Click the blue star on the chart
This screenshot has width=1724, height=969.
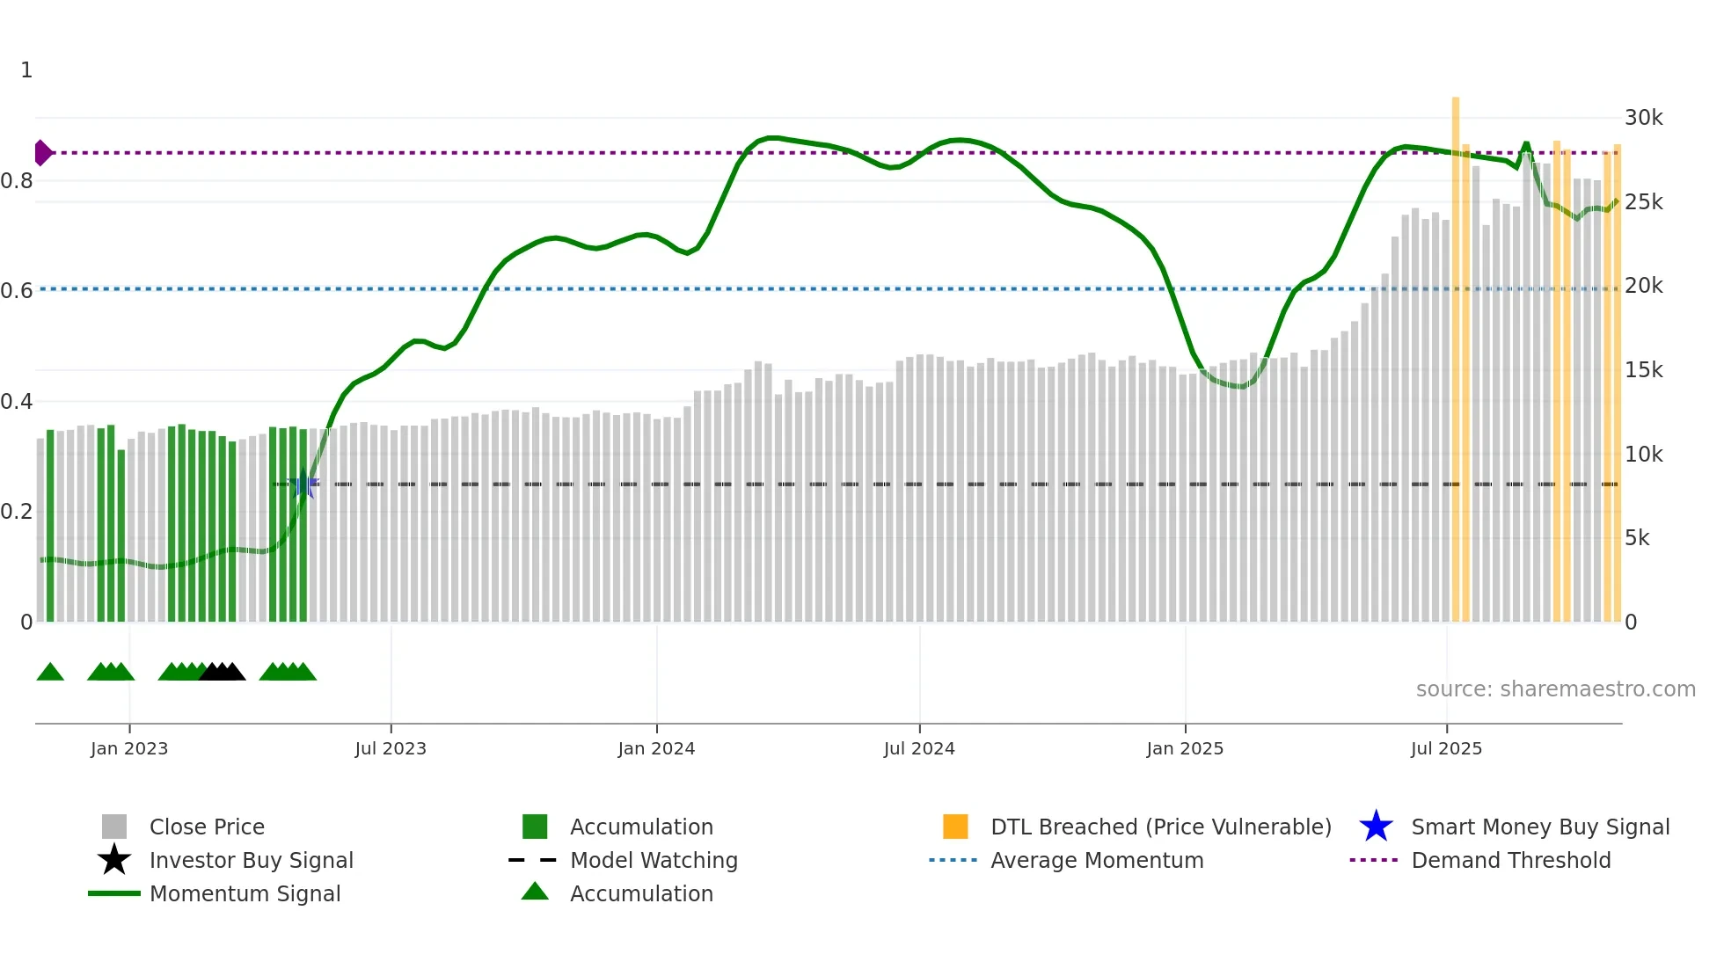(303, 484)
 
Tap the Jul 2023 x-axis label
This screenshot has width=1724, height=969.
(391, 748)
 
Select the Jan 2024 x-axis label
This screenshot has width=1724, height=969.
(656, 748)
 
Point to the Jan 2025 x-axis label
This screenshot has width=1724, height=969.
(1185, 748)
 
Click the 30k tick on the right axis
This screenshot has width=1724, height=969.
(1643, 118)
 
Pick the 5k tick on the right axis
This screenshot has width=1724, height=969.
(1637, 538)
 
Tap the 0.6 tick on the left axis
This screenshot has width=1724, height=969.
(17, 291)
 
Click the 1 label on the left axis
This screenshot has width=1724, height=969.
(26, 70)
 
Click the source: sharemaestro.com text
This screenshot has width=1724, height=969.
(1555, 689)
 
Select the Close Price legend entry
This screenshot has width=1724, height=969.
(206, 827)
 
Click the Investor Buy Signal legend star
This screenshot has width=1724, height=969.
(114, 860)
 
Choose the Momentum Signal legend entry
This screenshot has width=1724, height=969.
(245, 893)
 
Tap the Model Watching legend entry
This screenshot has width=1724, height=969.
(653, 860)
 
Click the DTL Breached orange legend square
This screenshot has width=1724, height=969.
(955, 827)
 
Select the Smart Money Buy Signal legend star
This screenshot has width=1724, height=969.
(1376, 827)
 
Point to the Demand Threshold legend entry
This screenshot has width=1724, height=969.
(1510, 860)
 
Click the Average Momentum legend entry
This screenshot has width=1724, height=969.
(1096, 860)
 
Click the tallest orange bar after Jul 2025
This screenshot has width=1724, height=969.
(1456, 352)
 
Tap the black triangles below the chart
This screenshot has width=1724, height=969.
(222, 672)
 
